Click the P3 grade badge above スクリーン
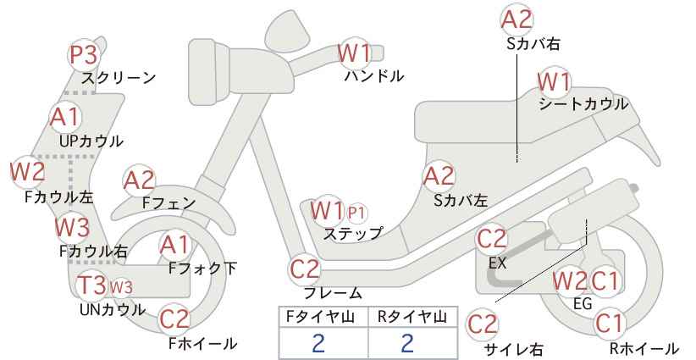tap(84, 56)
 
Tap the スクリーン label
tap(119, 78)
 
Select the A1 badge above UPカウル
tap(65, 117)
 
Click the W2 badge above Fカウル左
tap(28, 172)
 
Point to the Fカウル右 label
tap(94, 252)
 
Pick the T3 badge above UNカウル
tap(92, 285)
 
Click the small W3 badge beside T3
tap(121, 287)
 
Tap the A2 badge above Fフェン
tap(139, 181)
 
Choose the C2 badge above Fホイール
tap(174, 319)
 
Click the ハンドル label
tap(374, 76)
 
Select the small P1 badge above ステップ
tap(356, 214)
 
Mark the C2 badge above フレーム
tap(305, 269)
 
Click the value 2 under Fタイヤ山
tap(318, 343)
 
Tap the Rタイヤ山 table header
tap(412, 317)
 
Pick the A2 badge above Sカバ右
tap(516, 20)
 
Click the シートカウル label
tap(583, 105)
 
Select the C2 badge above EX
tap(491, 239)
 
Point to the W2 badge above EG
tap(570, 281)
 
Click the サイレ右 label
tap(514, 349)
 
